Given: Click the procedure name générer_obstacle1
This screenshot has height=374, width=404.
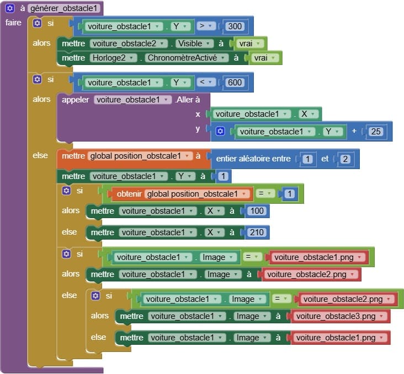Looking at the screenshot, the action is tap(63, 8).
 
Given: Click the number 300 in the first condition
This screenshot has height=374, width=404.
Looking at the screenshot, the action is tap(235, 26).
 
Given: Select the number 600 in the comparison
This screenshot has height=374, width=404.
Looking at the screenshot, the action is tap(235, 82).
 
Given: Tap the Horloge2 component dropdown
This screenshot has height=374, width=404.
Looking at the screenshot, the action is tap(113, 58).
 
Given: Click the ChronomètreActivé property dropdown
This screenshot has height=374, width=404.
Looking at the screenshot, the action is tap(187, 58).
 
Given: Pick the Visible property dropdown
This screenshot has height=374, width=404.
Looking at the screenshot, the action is tap(194, 44).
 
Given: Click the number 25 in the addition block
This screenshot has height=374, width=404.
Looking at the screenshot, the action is tap(376, 132).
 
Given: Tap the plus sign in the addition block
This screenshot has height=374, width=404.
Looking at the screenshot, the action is tap(354, 131).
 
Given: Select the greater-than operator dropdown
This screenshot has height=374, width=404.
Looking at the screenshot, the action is tap(206, 26).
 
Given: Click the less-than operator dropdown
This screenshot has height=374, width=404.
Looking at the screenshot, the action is tap(206, 82).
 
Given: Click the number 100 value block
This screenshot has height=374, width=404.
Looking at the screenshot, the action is tap(257, 211).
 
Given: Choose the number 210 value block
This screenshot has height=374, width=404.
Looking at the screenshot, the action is tap(257, 232).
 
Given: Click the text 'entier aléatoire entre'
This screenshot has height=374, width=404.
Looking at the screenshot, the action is tap(253, 159).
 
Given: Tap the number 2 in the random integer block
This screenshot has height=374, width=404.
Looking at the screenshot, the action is tap(345, 159).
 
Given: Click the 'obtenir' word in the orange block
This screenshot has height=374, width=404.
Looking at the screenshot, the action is tap(129, 194).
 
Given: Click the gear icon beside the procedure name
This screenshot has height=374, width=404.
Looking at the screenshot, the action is tap(10, 8).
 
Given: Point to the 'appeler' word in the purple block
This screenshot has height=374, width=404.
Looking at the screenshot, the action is tap(75, 100).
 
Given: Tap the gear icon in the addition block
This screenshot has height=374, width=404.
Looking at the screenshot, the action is tap(220, 131).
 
